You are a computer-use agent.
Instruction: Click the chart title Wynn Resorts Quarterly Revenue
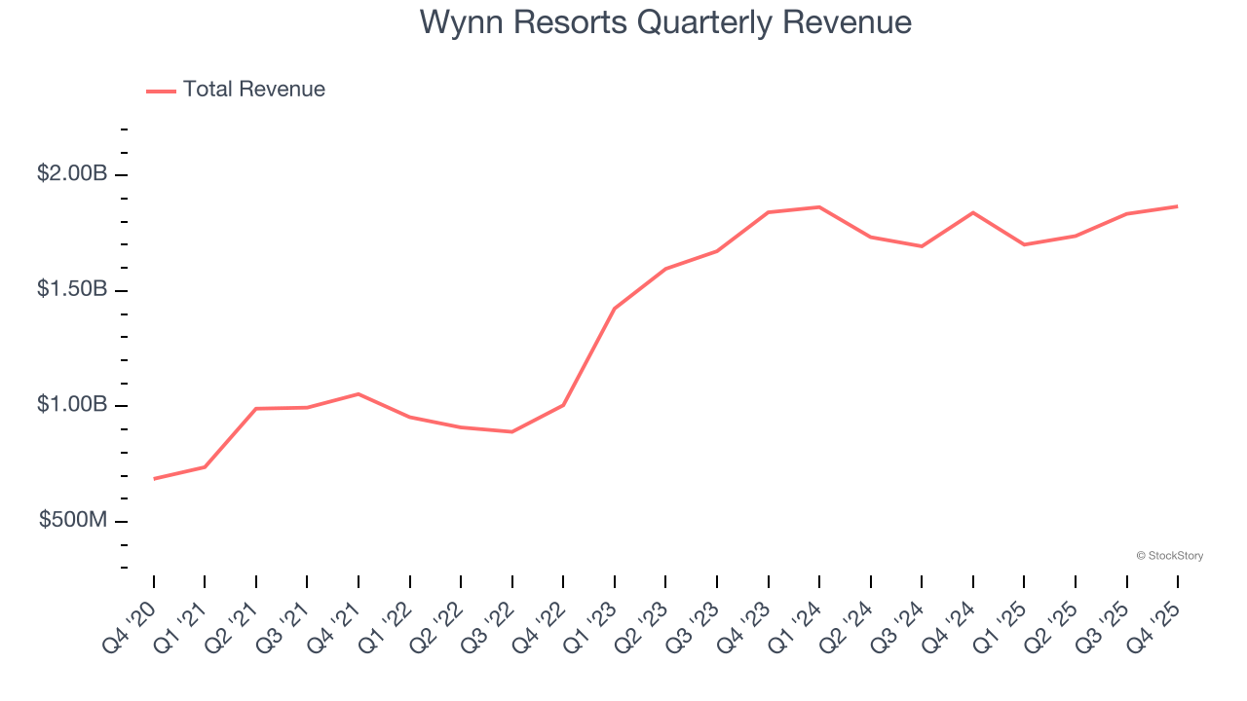click(665, 22)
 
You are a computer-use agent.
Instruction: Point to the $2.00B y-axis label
click(72, 174)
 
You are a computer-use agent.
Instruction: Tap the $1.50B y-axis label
click(72, 290)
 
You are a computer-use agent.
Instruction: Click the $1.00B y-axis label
click(72, 405)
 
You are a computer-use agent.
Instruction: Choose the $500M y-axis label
click(73, 521)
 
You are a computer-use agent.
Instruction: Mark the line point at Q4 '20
click(154, 479)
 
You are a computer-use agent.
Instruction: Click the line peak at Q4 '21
click(359, 394)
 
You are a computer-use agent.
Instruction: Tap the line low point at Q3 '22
click(512, 431)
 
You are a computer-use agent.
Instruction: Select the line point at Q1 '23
click(615, 309)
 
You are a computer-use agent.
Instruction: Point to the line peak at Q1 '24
click(819, 207)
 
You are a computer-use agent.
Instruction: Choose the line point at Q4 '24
click(973, 212)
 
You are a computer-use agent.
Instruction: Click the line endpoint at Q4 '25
click(1178, 206)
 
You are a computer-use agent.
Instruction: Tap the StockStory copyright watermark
click(1169, 556)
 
